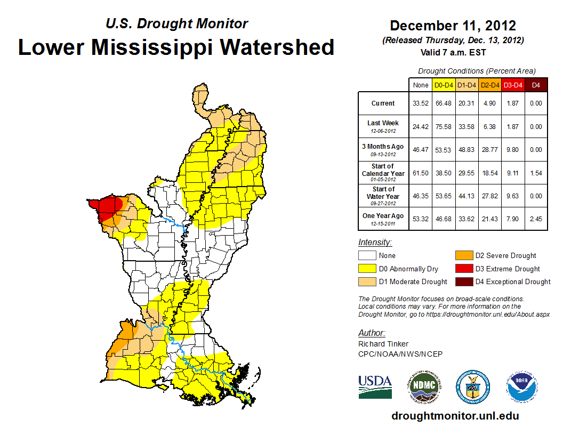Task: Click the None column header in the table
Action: pos(421,84)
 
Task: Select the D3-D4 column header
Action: pos(512,84)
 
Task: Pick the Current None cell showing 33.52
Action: pos(421,103)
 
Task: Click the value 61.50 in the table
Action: pos(421,173)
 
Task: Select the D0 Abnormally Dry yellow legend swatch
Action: pos(366,269)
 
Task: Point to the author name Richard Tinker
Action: pos(383,344)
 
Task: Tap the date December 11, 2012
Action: pos(453,26)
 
